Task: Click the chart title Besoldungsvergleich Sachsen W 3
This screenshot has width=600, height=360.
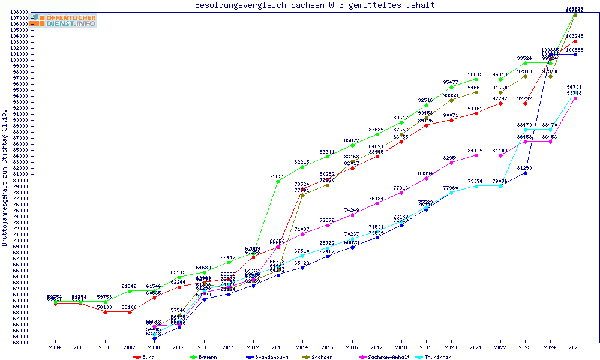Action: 314,5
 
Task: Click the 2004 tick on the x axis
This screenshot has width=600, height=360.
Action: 55,347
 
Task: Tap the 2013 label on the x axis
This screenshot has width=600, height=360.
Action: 278,347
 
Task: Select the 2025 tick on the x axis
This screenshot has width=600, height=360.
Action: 575,347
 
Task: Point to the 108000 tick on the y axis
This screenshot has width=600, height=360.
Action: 20,12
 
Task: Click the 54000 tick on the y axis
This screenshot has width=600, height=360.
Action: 20,337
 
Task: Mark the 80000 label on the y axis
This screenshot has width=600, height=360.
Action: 20,181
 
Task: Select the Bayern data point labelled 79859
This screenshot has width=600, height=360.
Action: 278,181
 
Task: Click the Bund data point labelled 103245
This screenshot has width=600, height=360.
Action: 575,41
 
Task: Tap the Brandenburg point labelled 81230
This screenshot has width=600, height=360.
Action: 526,173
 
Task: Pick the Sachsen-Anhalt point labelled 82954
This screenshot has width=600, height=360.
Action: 451,163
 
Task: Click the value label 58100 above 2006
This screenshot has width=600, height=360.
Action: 105,307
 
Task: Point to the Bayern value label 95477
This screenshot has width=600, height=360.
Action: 451,82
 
